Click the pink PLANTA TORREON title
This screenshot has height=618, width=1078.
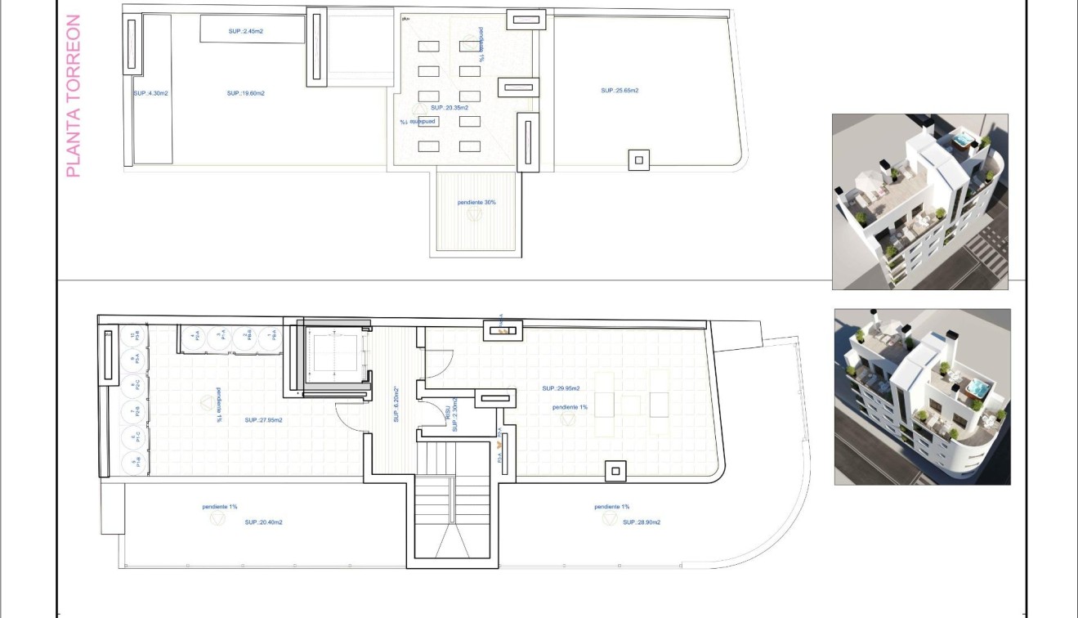point(73,96)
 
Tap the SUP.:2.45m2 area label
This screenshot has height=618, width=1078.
point(245,31)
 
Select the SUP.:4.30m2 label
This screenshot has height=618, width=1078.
point(150,93)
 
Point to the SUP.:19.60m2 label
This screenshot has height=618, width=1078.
point(245,93)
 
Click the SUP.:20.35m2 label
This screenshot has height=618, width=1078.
point(450,108)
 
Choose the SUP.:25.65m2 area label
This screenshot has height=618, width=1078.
point(620,90)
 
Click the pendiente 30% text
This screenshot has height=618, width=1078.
point(476,202)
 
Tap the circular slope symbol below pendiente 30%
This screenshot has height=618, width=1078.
point(474,214)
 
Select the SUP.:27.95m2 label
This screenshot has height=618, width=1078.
point(263,420)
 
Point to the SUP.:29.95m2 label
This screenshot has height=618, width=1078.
point(561,388)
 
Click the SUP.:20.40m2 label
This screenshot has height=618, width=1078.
point(263,522)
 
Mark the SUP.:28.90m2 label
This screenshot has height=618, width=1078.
point(641,522)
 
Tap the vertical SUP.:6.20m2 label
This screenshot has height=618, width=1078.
point(396,405)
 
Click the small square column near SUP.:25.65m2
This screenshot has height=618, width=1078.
point(639,159)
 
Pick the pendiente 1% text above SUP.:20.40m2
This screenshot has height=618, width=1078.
point(220,507)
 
